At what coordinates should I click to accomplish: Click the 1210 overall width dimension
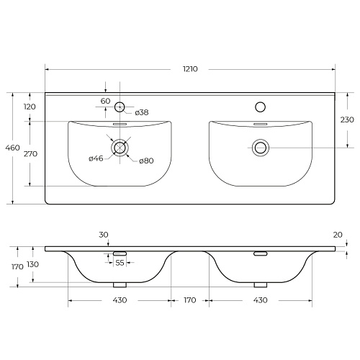coord(190,69)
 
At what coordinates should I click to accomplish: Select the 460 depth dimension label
coord(12,148)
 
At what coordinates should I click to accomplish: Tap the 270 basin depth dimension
coord(30,153)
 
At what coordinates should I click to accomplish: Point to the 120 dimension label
coord(30,107)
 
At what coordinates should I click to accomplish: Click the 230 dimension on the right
coord(347,120)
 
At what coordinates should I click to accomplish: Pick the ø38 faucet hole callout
coord(142,112)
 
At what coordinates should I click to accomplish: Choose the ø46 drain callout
coord(96,158)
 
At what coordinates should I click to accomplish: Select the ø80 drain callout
coord(146,161)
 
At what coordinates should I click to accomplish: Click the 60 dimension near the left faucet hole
coord(105,101)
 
